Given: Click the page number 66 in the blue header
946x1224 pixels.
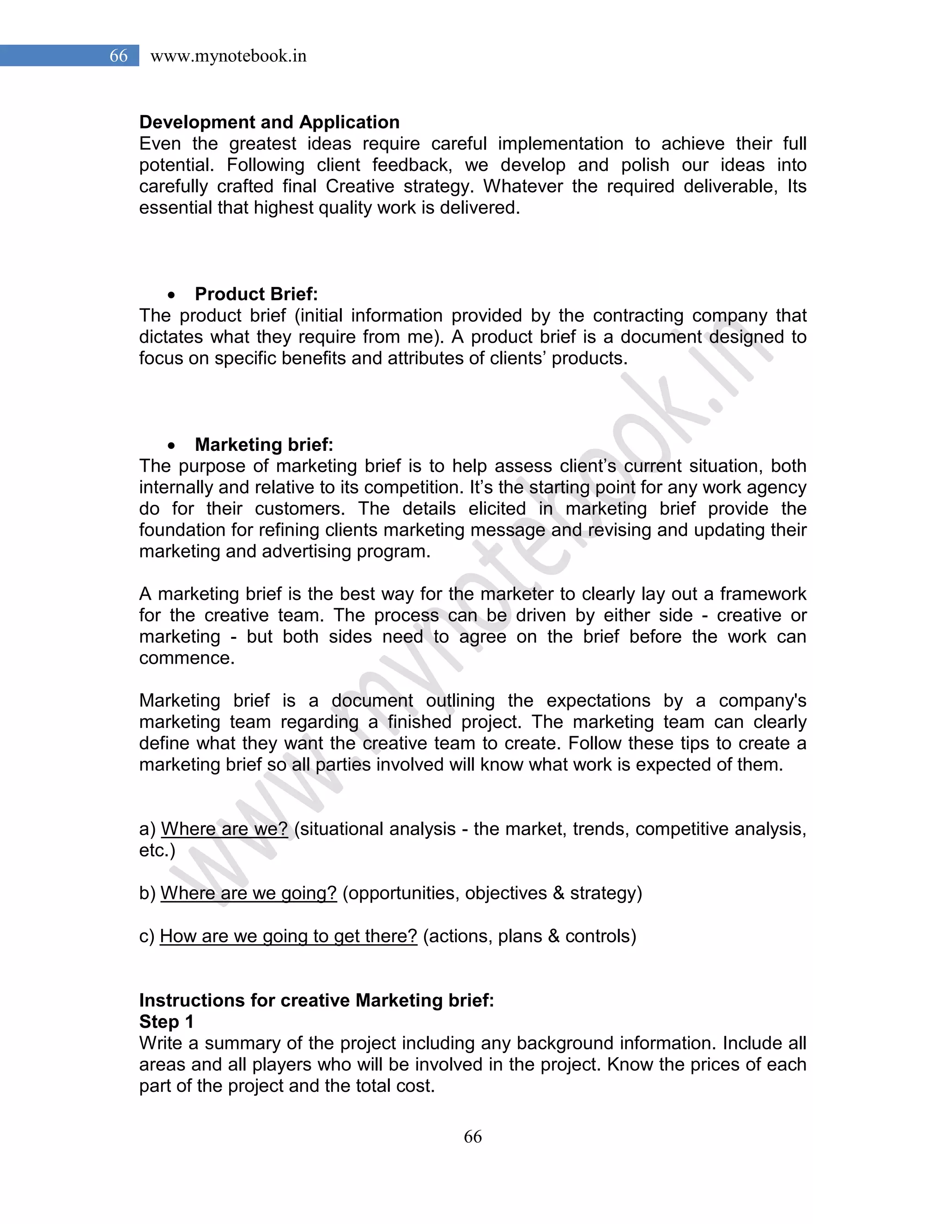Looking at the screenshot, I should pos(118,55).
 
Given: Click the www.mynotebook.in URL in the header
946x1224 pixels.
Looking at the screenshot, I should pos(228,56).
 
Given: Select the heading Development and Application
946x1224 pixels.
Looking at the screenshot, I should pos(269,122).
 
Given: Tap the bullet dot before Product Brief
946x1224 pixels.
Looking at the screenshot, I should pos(171,295).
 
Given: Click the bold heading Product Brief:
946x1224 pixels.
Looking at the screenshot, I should pos(256,294).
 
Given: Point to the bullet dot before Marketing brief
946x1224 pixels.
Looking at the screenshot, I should pos(171,446).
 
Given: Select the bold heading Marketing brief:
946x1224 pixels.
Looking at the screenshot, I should pos(264,444).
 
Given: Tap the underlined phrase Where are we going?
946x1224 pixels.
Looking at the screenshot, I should pos(249,893).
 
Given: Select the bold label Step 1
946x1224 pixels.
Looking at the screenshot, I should pos(166,1021).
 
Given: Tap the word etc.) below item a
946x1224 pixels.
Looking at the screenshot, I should pos(157,850).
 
